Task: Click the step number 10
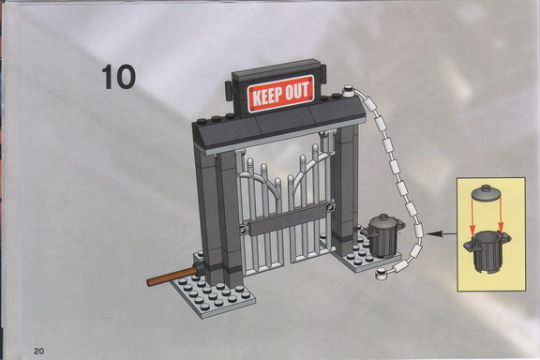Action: pos(118,77)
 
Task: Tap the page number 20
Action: pos(39,351)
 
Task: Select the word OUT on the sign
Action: pos(297,90)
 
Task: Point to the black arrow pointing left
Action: pos(442,234)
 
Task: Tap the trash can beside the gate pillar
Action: pos(383,235)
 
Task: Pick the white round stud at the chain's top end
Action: pos(349,91)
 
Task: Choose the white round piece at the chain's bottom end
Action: pos(381,274)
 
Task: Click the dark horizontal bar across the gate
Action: pos(288,219)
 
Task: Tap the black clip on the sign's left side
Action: pos(230,91)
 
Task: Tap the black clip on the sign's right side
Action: pos(323,73)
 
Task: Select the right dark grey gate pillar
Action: pos(345,185)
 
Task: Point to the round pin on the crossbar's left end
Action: pos(244,230)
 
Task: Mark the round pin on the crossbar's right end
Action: pos(331,207)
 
